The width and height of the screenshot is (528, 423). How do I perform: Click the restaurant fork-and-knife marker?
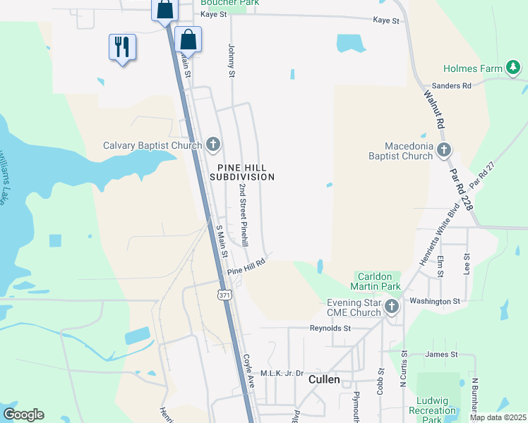(122, 47)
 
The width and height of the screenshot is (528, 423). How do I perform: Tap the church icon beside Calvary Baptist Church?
(213, 145)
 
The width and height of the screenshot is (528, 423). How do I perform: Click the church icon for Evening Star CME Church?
(392, 307)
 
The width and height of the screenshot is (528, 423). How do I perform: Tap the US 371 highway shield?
(224, 293)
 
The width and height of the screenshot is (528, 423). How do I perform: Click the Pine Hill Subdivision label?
(241, 171)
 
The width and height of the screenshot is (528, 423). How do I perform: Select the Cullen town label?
(325, 379)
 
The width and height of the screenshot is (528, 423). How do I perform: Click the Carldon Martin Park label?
(376, 281)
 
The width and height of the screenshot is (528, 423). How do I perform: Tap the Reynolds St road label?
(330, 328)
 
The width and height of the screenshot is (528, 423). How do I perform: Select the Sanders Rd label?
(456, 86)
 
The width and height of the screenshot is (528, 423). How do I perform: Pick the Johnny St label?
(231, 60)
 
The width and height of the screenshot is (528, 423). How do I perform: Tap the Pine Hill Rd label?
(246, 266)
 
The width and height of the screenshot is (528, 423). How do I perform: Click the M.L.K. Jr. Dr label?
(282, 373)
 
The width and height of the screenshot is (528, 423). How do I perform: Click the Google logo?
(23, 415)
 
